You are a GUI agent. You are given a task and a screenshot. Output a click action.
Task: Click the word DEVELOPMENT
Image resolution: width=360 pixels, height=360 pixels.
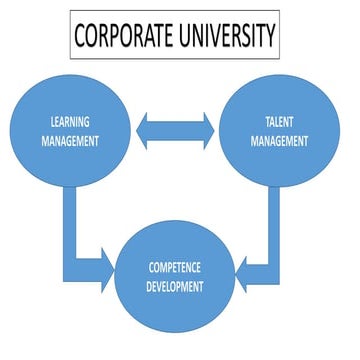pos(176,287)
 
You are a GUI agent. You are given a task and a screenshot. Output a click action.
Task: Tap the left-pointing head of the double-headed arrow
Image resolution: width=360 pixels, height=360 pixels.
pos(146,129)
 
